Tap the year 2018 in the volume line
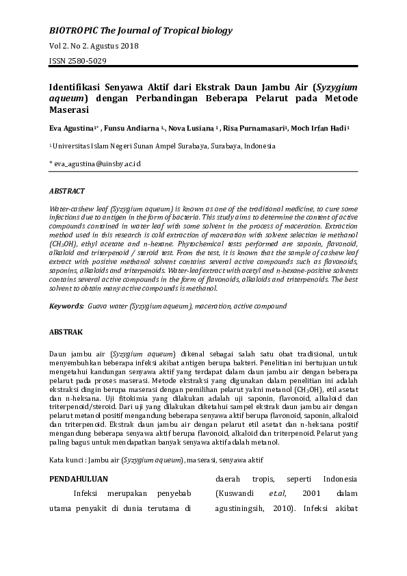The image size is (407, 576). click(x=130, y=46)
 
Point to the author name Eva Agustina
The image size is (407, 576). click(x=72, y=128)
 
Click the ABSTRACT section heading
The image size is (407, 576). click(x=67, y=192)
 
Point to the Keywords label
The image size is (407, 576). click(x=66, y=306)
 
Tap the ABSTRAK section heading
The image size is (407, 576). click(x=66, y=332)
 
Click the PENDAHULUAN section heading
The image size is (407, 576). click(x=80, y=479)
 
